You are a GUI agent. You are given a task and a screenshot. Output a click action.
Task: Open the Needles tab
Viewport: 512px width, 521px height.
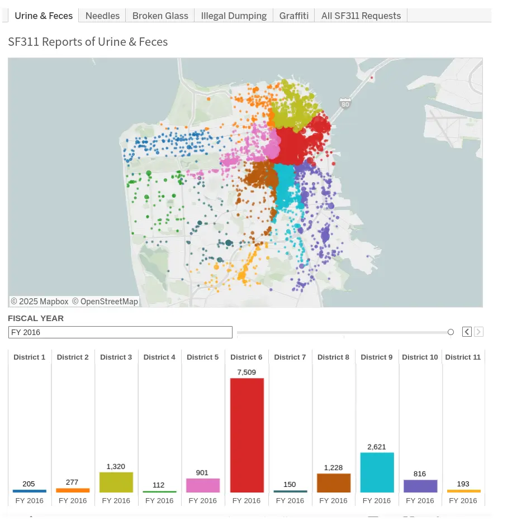[102, 16]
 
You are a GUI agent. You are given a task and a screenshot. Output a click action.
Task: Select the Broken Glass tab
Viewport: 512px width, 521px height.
[160, 16]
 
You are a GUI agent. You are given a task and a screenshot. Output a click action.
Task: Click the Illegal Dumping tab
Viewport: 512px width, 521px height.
[234, 16]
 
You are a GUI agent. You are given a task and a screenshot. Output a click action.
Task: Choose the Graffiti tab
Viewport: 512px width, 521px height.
[293, 16]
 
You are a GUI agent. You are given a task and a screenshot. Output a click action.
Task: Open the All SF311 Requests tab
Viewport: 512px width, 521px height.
[361, 16]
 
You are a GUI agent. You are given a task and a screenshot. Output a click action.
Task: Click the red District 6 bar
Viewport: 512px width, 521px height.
[246, 435]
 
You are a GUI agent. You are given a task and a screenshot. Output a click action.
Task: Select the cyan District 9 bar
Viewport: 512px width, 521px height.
[377, 472]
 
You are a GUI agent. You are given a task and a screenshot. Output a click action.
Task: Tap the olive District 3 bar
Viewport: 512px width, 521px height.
[116, 482]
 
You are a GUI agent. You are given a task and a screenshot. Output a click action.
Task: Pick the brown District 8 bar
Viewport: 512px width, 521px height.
[334, 482]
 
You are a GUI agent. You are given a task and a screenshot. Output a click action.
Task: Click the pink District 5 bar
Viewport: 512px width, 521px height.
[203, 485]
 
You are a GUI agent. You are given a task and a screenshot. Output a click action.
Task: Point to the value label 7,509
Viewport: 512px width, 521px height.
[246, 372]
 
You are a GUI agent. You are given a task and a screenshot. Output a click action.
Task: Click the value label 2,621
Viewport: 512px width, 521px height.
[377, 447]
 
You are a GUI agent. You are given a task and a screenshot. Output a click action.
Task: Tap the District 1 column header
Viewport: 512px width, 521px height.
[30, 357]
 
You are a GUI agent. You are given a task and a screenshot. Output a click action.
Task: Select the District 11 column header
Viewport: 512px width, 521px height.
[463, 357]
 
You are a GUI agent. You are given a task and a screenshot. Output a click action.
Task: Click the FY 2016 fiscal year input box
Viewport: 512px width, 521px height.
[120, 332]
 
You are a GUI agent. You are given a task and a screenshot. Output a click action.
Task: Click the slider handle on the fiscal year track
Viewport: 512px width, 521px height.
[451, 332]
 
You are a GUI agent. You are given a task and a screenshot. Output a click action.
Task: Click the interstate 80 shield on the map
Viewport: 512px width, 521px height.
[345, 103]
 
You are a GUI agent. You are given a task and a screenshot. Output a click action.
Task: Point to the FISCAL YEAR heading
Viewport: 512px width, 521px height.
[36, 318]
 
